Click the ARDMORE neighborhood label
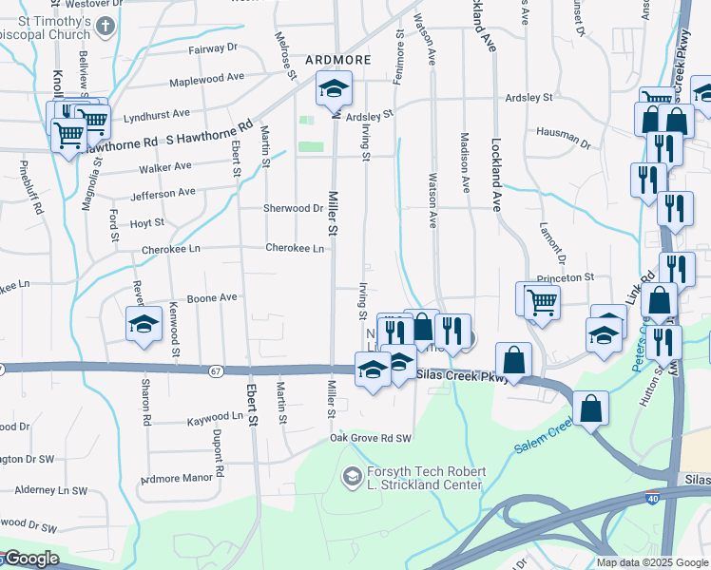[x=337, y=60]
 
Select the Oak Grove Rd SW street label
[x=371, y=438]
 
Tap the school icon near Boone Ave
[x=144, y=324]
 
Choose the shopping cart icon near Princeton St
[x=541, y=302]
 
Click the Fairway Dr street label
[x=213, y=47]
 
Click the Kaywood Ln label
[x=215, y=417]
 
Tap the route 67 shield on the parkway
[x=217, y=370]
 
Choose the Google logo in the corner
[x=30, y=560]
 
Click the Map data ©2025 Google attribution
[x=651, y=562]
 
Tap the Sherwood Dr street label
[x=294, y=208]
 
